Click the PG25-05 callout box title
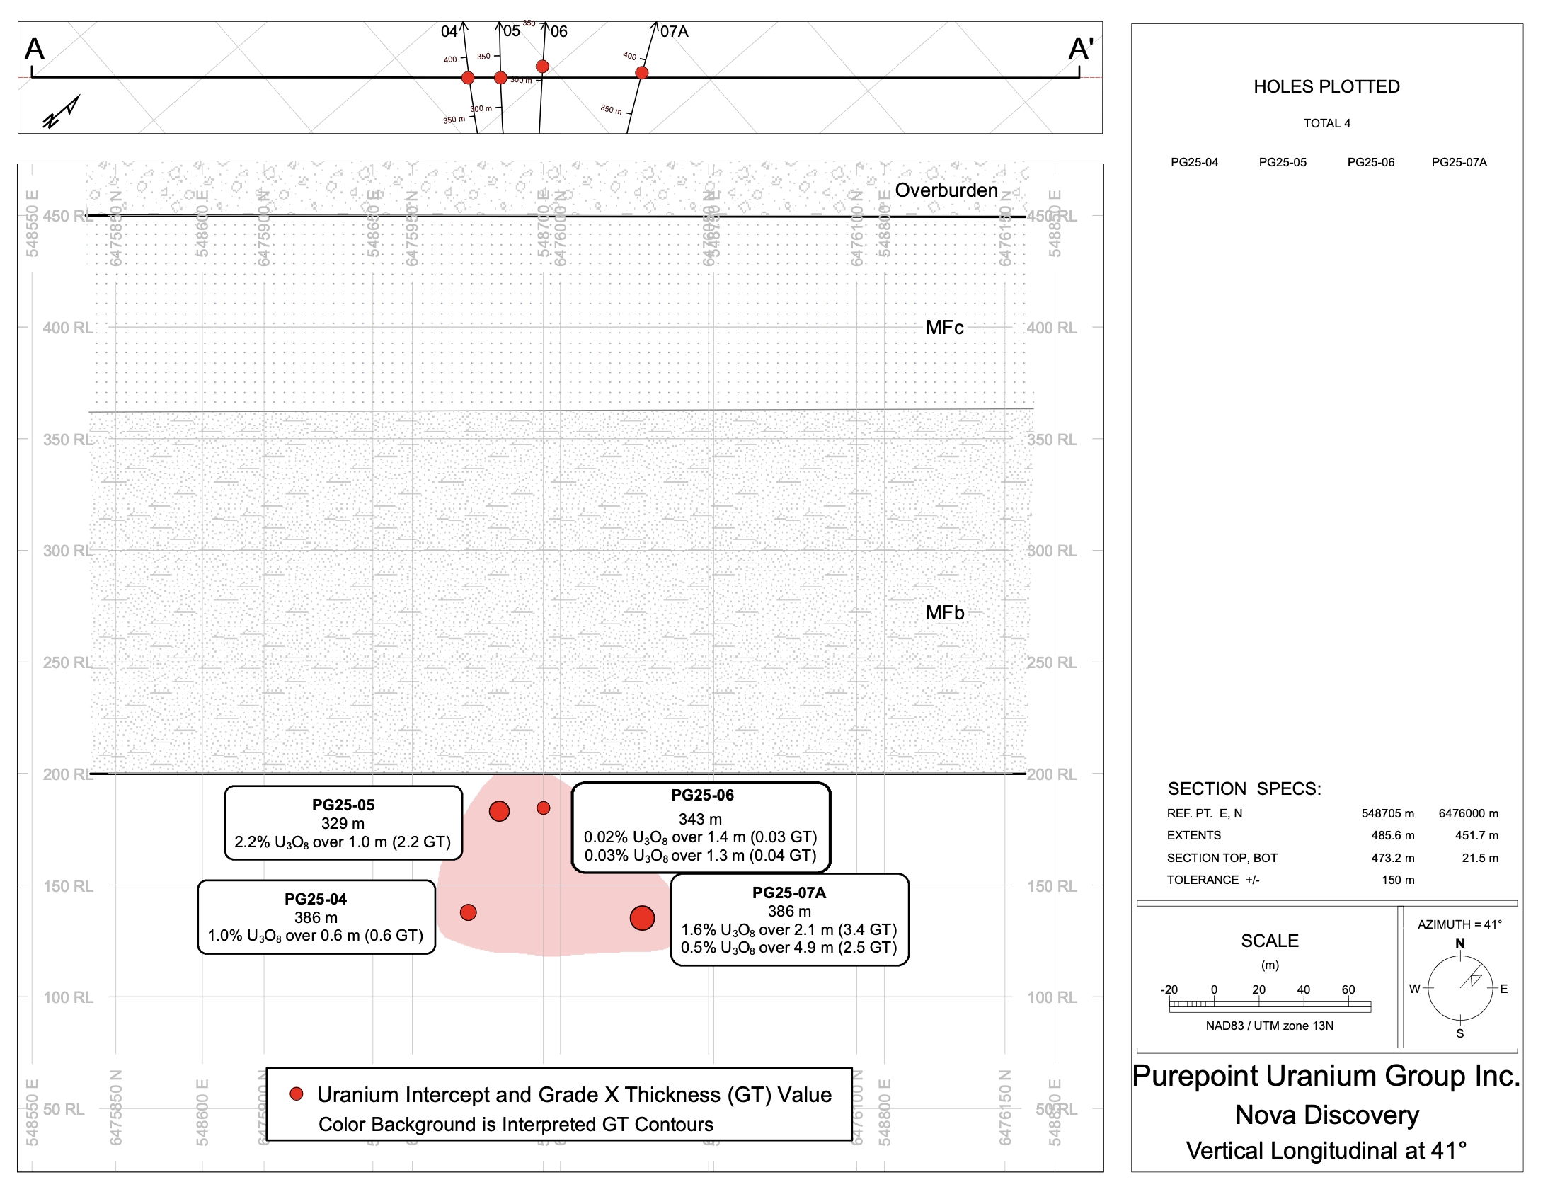[x=343, y=805]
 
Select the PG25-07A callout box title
[x=789, y=893]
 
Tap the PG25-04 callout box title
[x=316, y=899]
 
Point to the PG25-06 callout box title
[x=702, y=795]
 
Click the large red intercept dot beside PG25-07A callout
[x=642, y=918]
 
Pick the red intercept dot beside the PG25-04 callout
[x=468, y=912]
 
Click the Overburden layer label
[x=946, y=190]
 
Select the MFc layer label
[x=944, y=327]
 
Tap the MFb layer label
[x=945, y=612]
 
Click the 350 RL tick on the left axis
[x=67, y=440]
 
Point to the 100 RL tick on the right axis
[x=1052, y=997]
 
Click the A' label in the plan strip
[x=1081, y=49]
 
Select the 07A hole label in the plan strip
[x=674, y=31]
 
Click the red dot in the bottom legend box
[x=297, y=1094]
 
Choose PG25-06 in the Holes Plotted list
[x=1370, y=162]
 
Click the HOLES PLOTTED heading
[x=1326, y=86]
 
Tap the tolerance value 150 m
[x=1398, y=880]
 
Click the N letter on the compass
[x=1459, y=943]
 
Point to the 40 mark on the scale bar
[x=1303, y=989]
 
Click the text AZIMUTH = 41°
[x=1459, y=924]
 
